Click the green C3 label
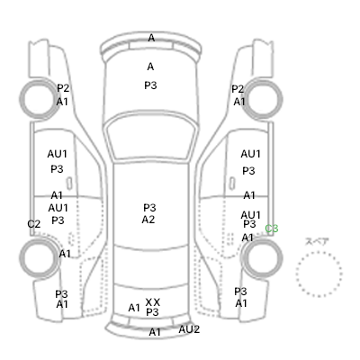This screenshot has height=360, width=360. (272, 229)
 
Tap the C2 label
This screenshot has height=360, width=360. (33, 224)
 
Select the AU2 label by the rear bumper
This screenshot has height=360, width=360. (189, 329)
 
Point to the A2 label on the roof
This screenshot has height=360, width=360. (148, 220)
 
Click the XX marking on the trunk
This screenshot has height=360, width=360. (153, 302)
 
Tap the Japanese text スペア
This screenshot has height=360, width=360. (317, 241)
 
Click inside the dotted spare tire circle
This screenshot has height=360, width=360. (319, 274)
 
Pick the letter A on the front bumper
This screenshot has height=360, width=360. (151, 38)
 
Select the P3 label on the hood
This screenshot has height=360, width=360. (150, 85)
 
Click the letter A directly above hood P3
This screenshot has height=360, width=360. (150, 67)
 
